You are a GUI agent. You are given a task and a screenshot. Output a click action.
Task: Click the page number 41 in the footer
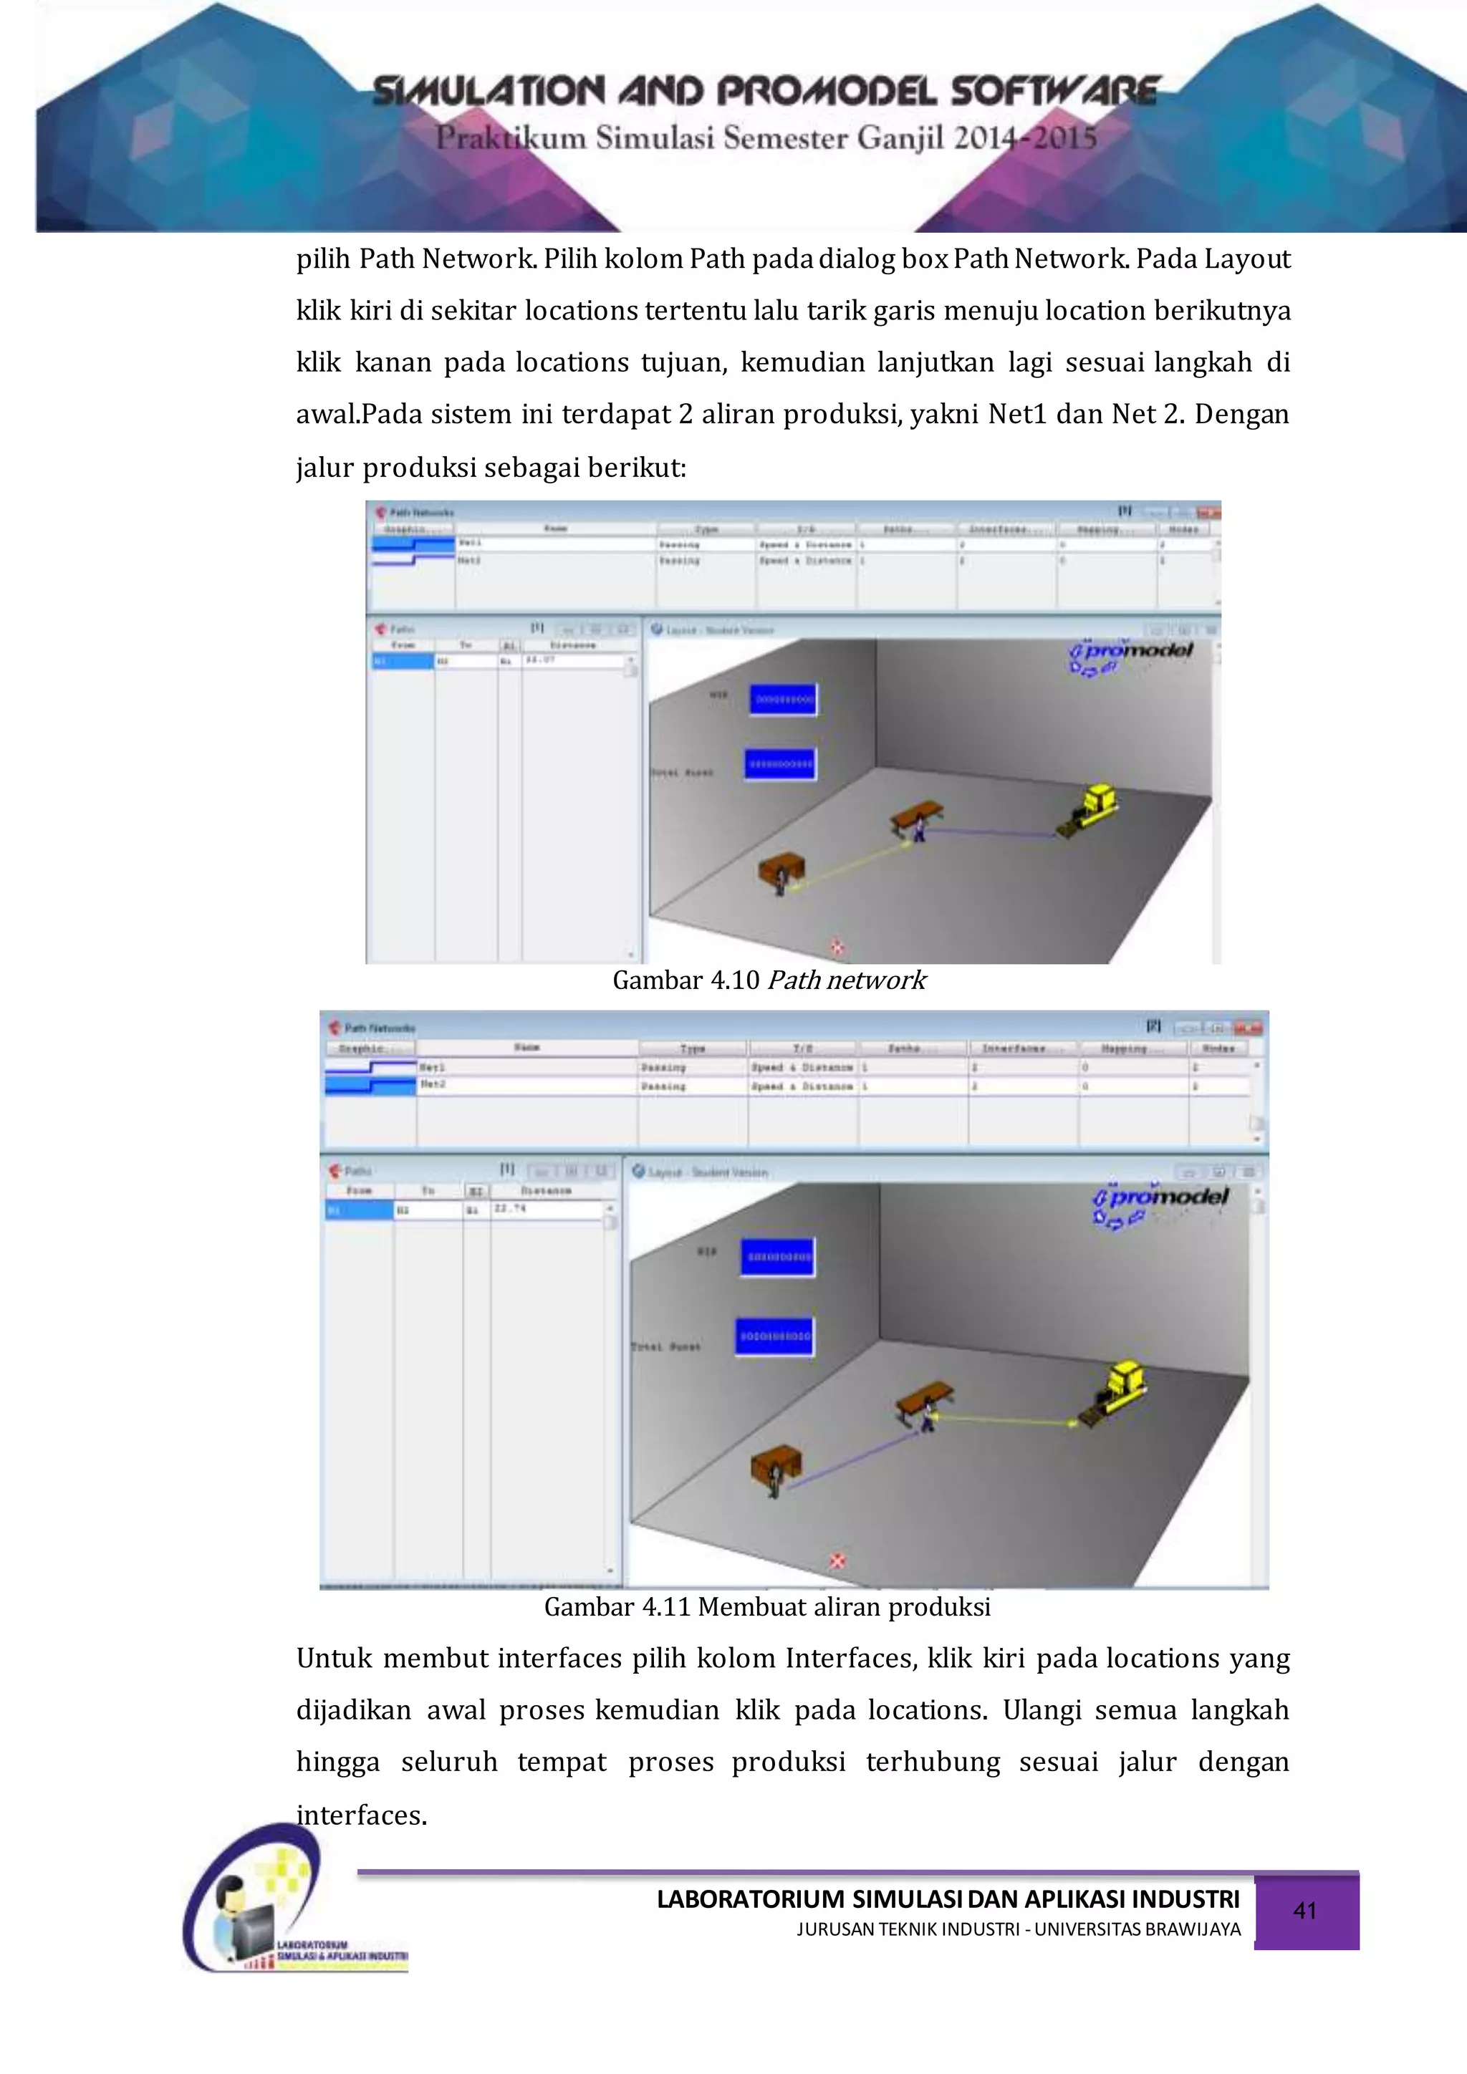(x=1304, y=1911)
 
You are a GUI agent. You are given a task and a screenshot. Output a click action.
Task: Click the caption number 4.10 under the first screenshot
(x=734, y=980)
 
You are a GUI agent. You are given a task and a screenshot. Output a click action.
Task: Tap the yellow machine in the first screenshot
(x=1094, y=806)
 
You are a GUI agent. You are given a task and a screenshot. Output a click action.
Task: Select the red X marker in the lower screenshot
(x=837, y=1561)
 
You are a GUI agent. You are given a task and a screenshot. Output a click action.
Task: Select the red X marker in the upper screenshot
(x=837, y=947)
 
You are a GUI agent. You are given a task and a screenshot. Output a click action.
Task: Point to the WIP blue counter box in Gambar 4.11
(x=777, y=1257)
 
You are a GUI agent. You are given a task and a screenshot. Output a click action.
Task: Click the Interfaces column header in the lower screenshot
(x=1014, y=1048)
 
